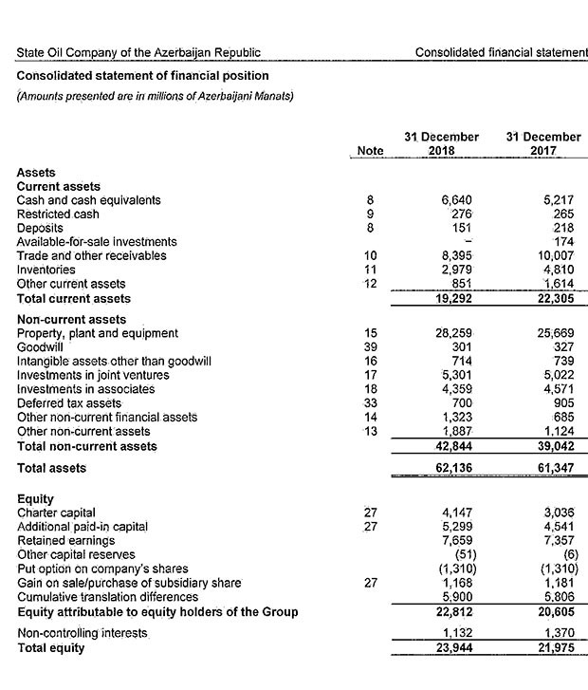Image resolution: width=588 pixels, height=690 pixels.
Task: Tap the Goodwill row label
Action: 40,347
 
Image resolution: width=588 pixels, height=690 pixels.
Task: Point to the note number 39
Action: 371,347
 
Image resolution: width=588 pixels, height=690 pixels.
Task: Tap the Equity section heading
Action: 35,498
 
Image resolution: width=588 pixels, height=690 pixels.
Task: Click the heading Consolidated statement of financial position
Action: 142,76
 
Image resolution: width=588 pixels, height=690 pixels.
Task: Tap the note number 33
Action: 371,403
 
